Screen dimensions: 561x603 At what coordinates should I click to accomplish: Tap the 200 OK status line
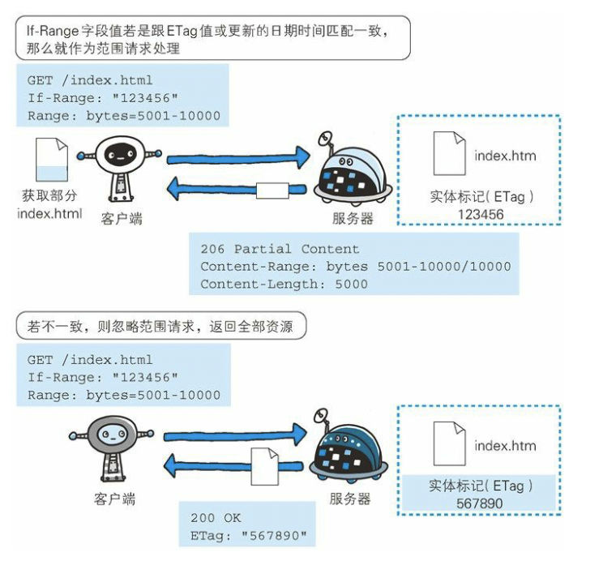click(x=216, y=517)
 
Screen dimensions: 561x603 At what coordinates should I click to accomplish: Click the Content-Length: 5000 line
click(x=284, y=284)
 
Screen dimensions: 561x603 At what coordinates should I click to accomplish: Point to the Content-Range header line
click(x=355, y=266)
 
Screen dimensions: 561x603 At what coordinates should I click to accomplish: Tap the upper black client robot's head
click(x=120, y=153)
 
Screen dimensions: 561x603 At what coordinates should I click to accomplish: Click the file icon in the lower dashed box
click(x=449, y=443)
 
